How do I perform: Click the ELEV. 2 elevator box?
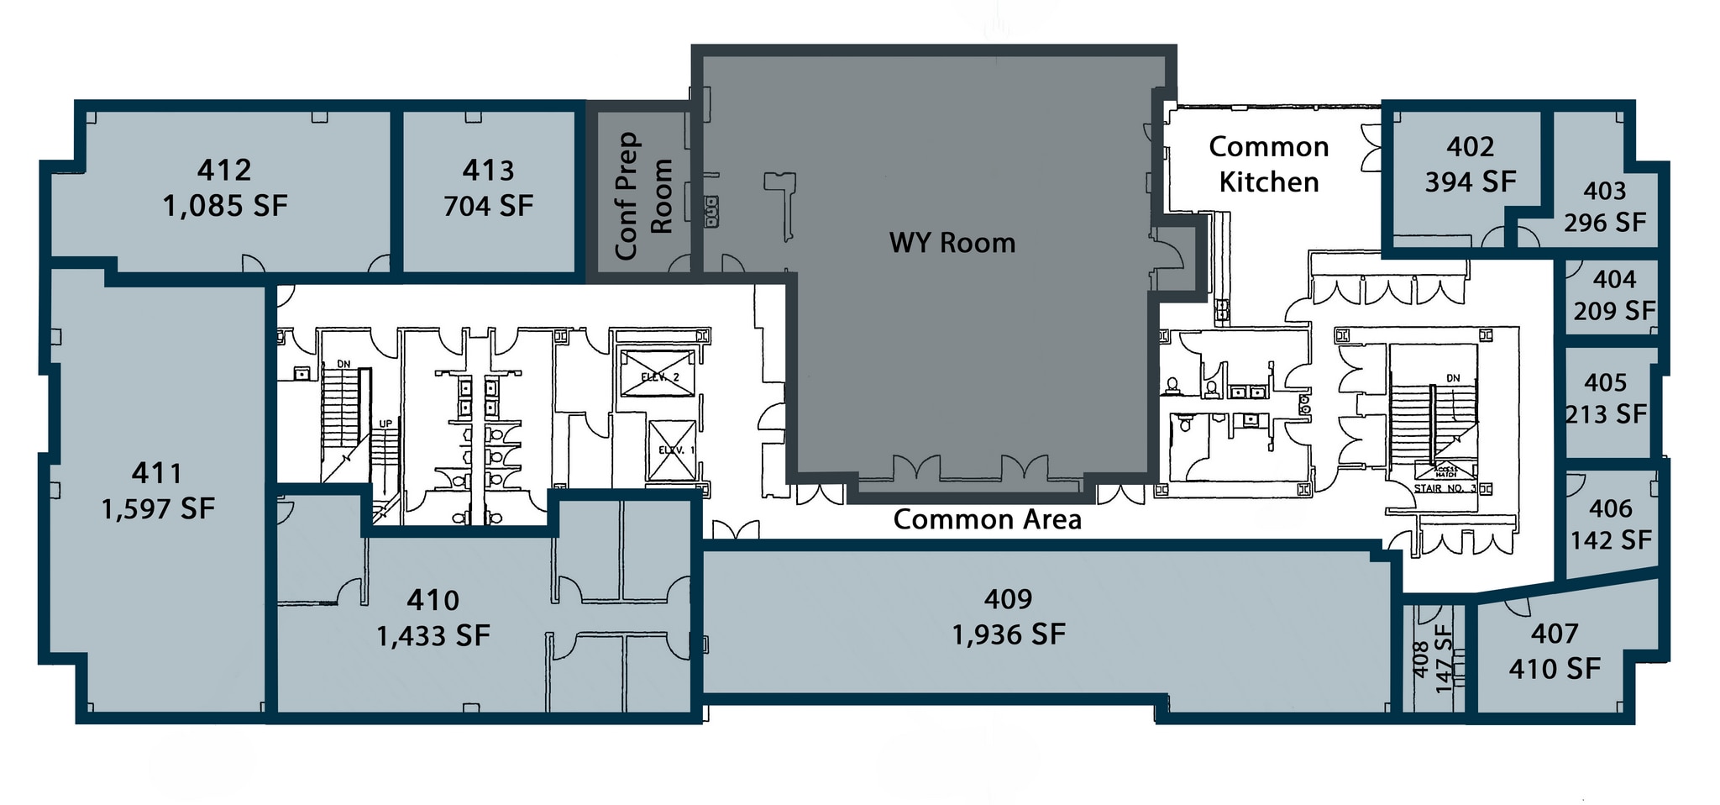[658, 374]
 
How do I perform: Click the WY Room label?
[952, 243]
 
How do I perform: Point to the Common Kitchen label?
[1268, 164]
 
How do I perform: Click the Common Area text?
[987, 519]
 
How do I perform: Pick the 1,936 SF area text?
[1008, 634]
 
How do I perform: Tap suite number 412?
[224, 171]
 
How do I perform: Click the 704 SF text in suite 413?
[488, 206]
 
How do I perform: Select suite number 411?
[157, 473]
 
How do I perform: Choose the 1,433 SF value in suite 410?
[433, 635]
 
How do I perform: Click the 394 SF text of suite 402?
[1470, 182]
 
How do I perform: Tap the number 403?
[1604, 191]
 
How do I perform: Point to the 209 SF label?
[1614, 311]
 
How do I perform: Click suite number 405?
[1605, 382]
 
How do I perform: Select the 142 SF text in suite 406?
[1611, 539]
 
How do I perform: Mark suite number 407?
[1555, 634]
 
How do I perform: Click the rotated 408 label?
[1420, 660]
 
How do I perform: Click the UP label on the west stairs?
[385, 424]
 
